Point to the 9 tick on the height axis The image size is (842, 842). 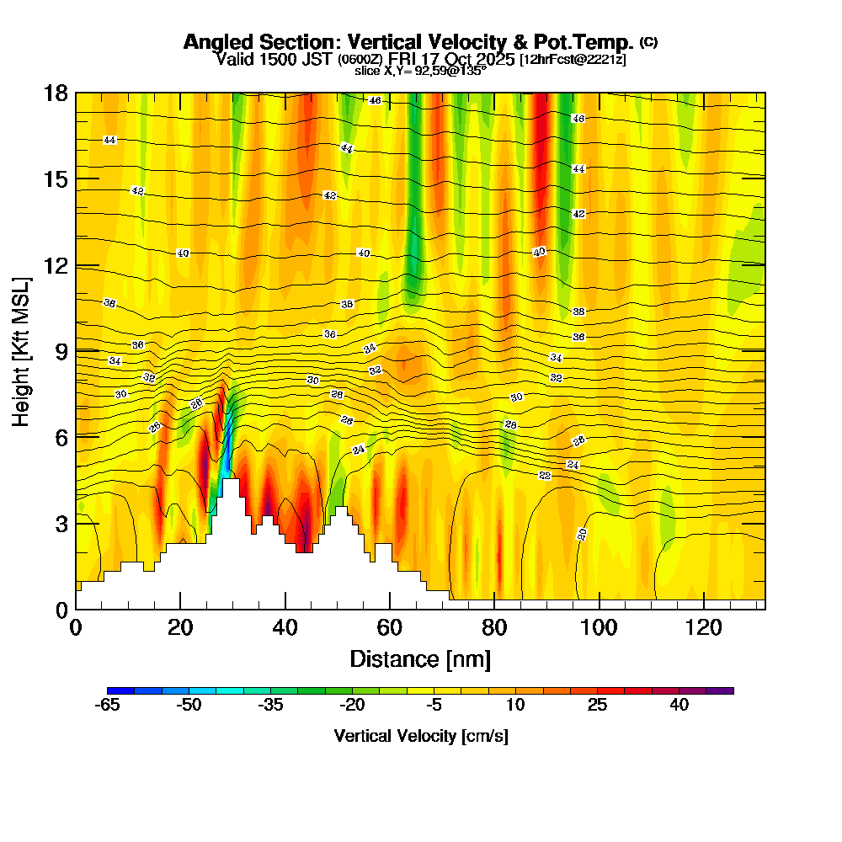[x=76, y=350]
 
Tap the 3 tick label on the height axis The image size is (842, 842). [x=61, y=523]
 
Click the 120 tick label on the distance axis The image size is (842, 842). [x=703, y=627]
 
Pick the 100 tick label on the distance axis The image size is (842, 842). [x=599, y=627]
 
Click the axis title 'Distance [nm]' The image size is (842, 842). [x=420, y=658]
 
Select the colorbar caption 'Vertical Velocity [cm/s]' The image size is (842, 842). [x=421, y=736]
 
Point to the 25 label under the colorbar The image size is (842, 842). [x=597, y=706]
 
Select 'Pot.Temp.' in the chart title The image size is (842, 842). [x=589, y=42]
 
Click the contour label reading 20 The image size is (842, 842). [x=582, y=534]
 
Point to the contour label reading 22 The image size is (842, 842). [x=545, y=476]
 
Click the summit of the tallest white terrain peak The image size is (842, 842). [x=231, y=479]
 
